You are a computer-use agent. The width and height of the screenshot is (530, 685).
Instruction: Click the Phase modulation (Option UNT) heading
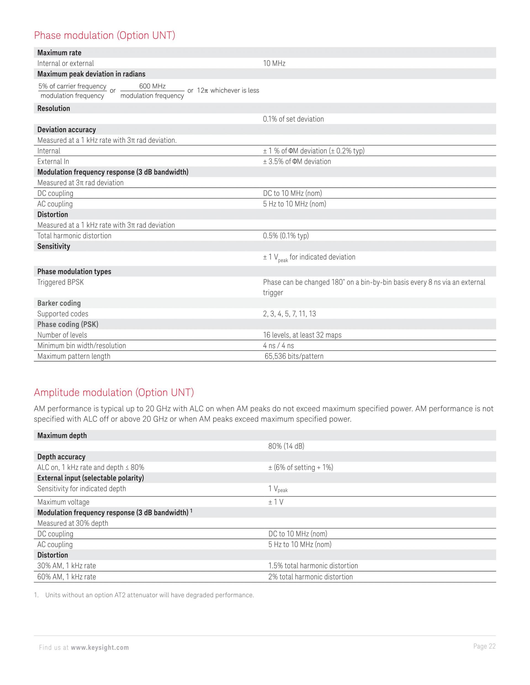pos(104,36)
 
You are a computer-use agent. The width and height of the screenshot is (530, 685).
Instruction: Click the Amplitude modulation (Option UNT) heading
pos(114,392)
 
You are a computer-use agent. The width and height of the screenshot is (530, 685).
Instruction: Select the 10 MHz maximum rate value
pos(274,63)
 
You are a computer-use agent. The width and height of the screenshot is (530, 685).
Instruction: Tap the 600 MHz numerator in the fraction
pos(152,86)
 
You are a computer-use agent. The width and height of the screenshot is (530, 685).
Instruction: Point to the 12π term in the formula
pos(203,90)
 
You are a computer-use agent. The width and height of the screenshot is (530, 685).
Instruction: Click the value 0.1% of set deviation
pos(293,119)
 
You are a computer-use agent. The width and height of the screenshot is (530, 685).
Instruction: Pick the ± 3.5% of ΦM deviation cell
pos(297,162)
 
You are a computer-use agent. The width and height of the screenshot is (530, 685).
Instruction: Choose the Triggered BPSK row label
pos(61,282)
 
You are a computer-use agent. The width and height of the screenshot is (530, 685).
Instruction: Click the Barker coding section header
pos(59,303)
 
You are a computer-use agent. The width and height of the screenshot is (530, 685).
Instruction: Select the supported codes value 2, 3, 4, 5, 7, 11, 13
pos(289,314)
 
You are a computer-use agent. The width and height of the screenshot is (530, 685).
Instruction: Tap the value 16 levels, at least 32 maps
pos(302,335)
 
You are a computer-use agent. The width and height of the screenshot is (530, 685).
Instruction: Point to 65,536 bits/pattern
pos(294,356)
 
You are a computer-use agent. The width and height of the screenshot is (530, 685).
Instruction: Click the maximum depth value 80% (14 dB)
pos(286,446)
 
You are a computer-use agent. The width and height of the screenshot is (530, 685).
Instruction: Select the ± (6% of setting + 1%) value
pos(301,467)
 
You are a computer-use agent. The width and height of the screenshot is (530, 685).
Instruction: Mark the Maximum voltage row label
pos(63,502)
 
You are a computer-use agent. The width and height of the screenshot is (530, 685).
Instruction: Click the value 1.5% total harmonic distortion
pos(313,566)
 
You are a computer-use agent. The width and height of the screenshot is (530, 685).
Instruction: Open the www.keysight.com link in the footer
pos(100,647)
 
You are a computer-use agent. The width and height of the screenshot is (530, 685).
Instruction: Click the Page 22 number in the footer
pos(484,646)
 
